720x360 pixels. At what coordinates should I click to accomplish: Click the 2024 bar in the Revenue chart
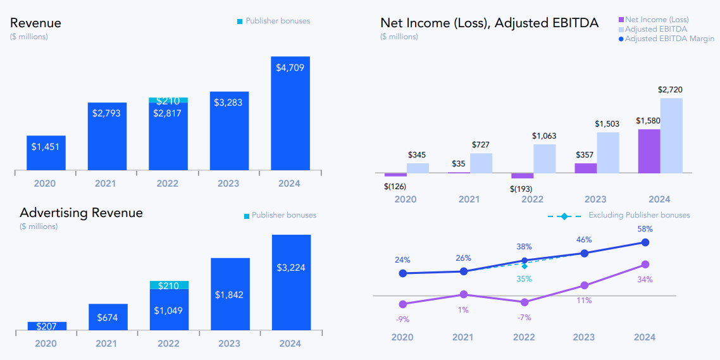pyautogui.click(x=290, y=114)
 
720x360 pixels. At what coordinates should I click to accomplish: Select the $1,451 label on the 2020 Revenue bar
pyautogui.click(x=46, y=146)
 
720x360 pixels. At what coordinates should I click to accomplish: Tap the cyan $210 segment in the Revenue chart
pyautogui.click(x=168, y=101)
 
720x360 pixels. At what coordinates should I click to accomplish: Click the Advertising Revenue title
pyautogui.click(x=81, y=213)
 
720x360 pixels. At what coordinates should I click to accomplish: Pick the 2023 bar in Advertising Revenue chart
pyautogui.click(x=230, y=294)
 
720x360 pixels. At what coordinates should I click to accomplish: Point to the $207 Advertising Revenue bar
pyautogui.click(x=47, y=326)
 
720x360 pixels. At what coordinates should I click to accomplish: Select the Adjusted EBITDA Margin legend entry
pyautogui.click(x=669, y=39)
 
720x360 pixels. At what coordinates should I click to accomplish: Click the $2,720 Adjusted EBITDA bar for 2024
pyautogui.click(x=671, y=135)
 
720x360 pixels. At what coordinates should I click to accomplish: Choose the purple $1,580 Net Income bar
pyautogui.click(x=649, y=151)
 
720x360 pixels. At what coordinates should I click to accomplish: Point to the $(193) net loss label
pyautogui.click(x=521, y=189)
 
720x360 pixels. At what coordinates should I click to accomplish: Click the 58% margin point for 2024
pyautogui.click(x=645, y=242)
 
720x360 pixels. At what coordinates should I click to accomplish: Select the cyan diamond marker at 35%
pyautogui.click(x=524, y=266)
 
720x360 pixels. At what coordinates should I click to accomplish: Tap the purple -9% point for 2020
pyautogui.click(x=402, y=304)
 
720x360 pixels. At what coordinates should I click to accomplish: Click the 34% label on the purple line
pyautogui.click(x=645, y=280)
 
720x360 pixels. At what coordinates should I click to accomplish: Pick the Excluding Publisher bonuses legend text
pyautogui.click(x=639, y=215)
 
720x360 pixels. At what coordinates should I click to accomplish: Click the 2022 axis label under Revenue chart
pyautogui.click(x=168, y=183)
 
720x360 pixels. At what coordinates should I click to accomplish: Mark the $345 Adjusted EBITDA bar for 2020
pyautogui.click(x=418, y=168)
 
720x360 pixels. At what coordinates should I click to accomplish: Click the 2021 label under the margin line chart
pyautogui.click(x=464, y=337)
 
